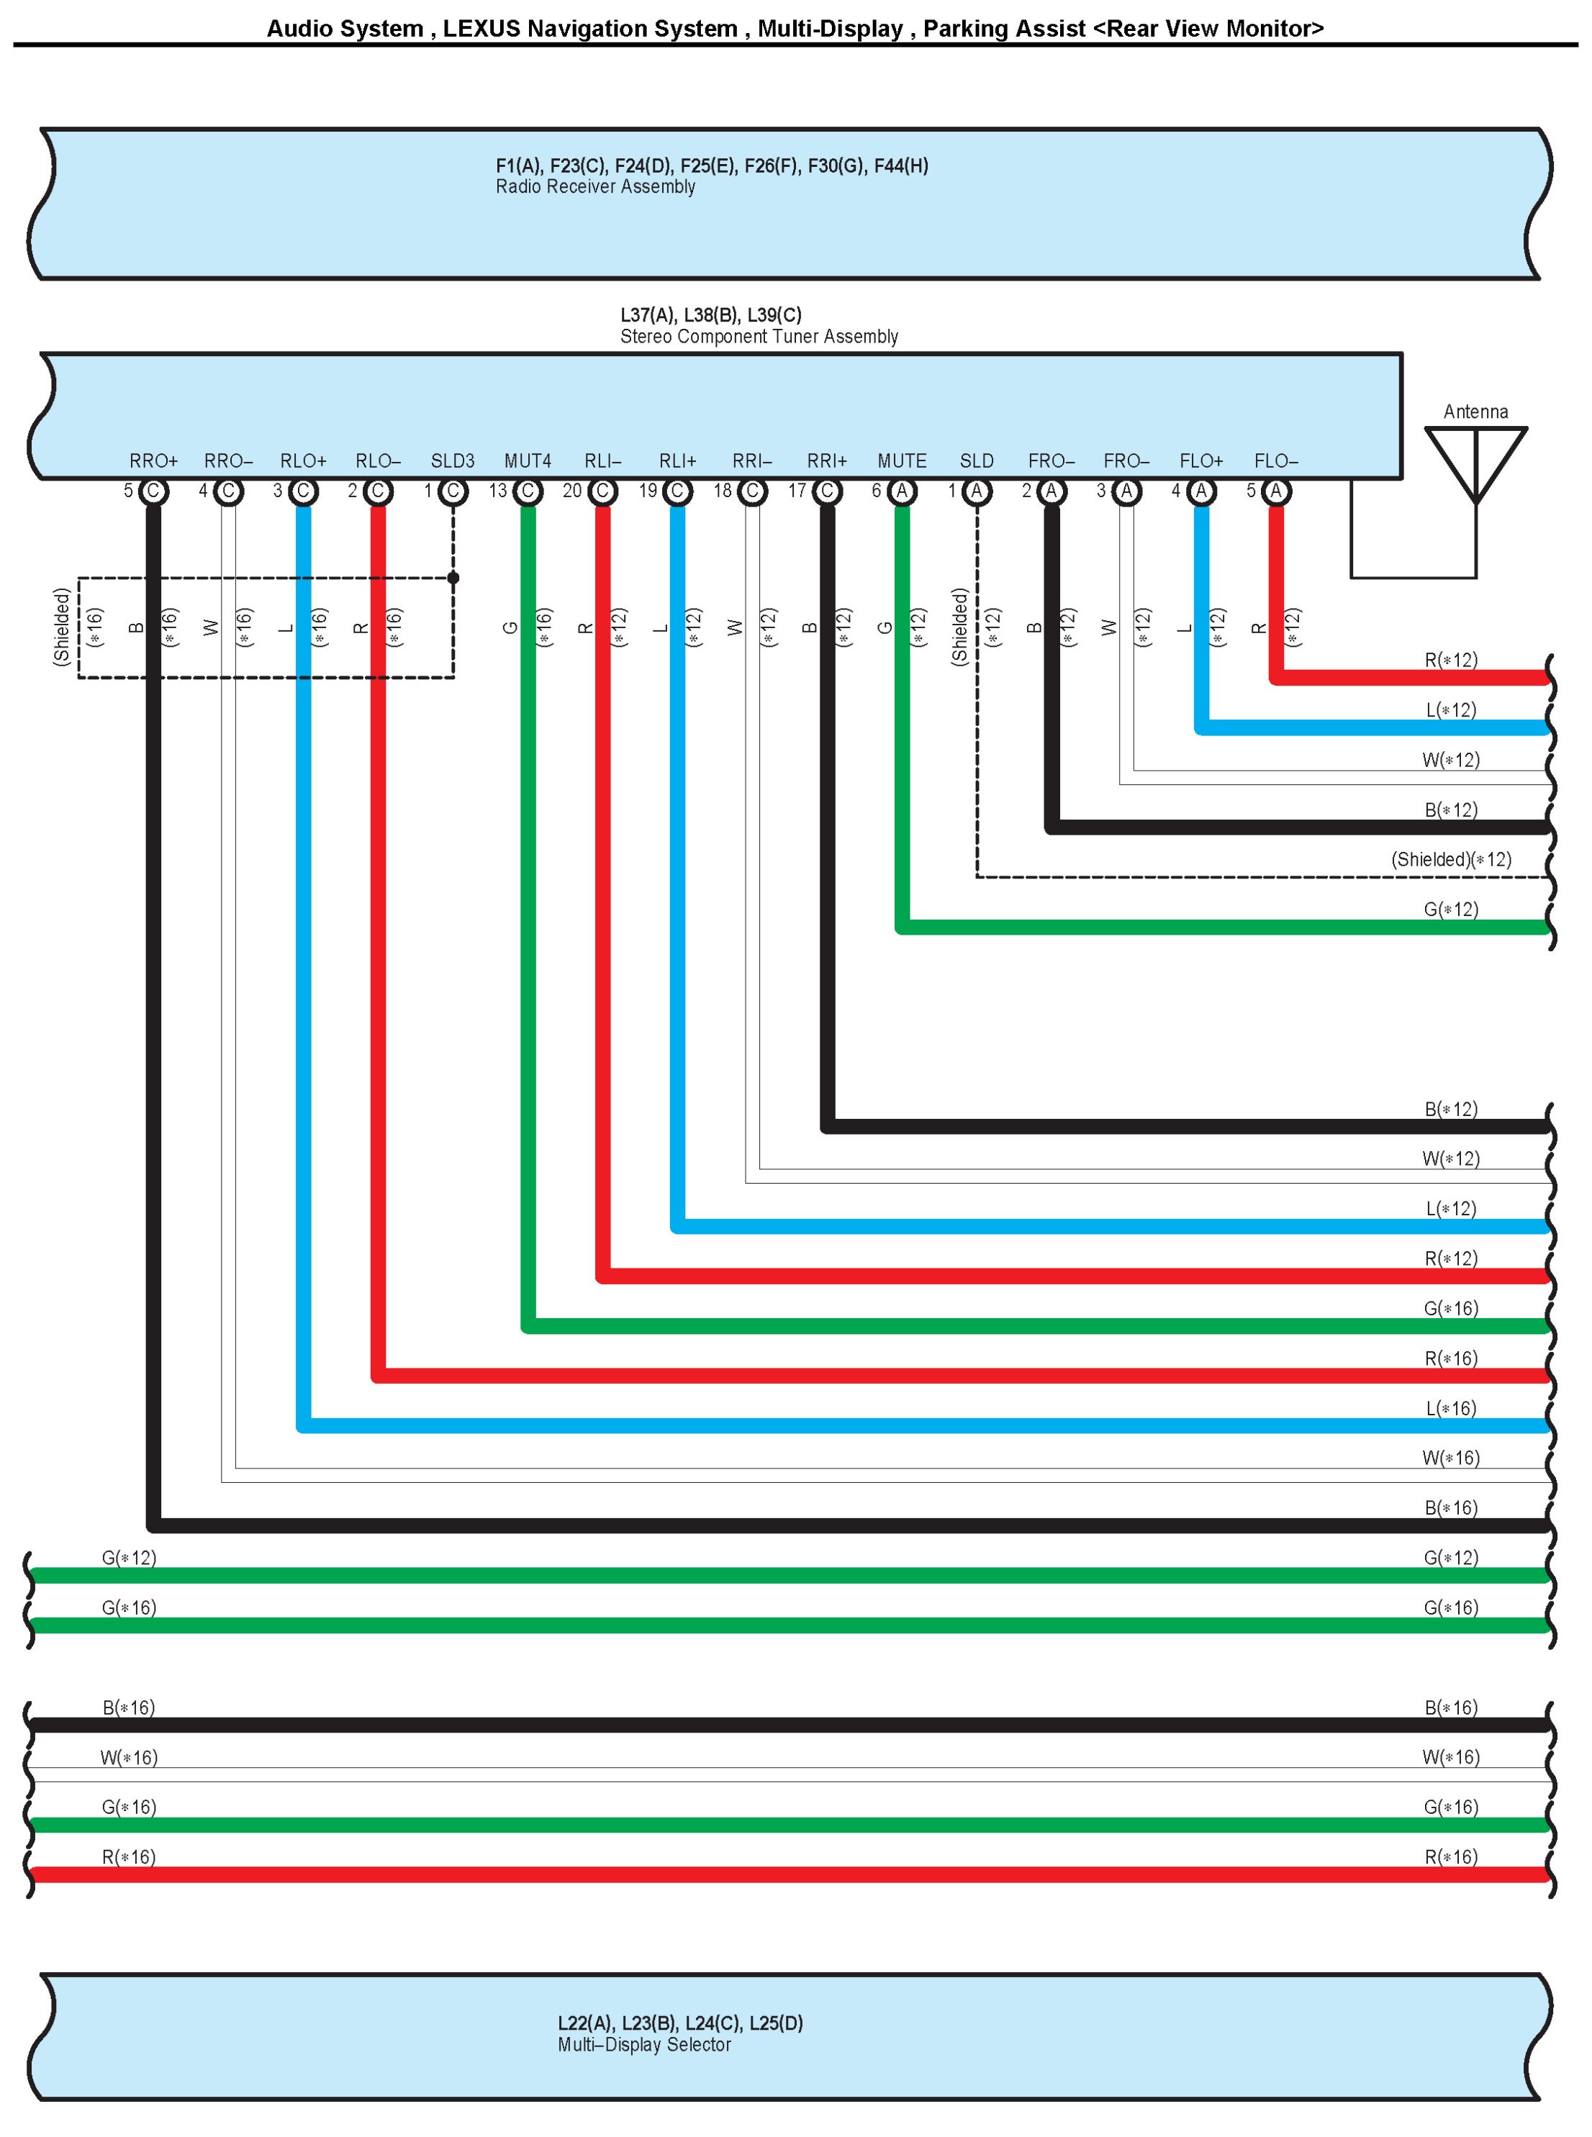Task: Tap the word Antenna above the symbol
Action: (x=1475, y=412)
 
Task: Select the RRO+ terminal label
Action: (x=153, y=460)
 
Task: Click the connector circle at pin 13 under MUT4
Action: (x=527, y=491)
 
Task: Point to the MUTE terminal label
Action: (x=902, y=460)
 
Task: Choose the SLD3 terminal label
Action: (x=453, y=460)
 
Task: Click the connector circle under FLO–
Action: (x=1276, y=491)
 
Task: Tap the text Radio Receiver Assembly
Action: (x=595, y=187)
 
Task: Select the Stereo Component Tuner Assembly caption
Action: (x=759, y=336)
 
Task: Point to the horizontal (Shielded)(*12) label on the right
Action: (x=1450, y=859)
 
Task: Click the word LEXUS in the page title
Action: (x=481, y=29)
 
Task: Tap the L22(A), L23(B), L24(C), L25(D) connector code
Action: (x=680, y=2023)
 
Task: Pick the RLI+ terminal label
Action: (x=677, y=460)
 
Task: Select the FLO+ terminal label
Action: (x=1200, y=460)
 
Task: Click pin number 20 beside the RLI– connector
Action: (x=572, y=491)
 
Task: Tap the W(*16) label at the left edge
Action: (x=129, y=1757)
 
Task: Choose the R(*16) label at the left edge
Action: (x=129, y=1856)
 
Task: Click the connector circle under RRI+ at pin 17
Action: (x=827, y=491)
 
